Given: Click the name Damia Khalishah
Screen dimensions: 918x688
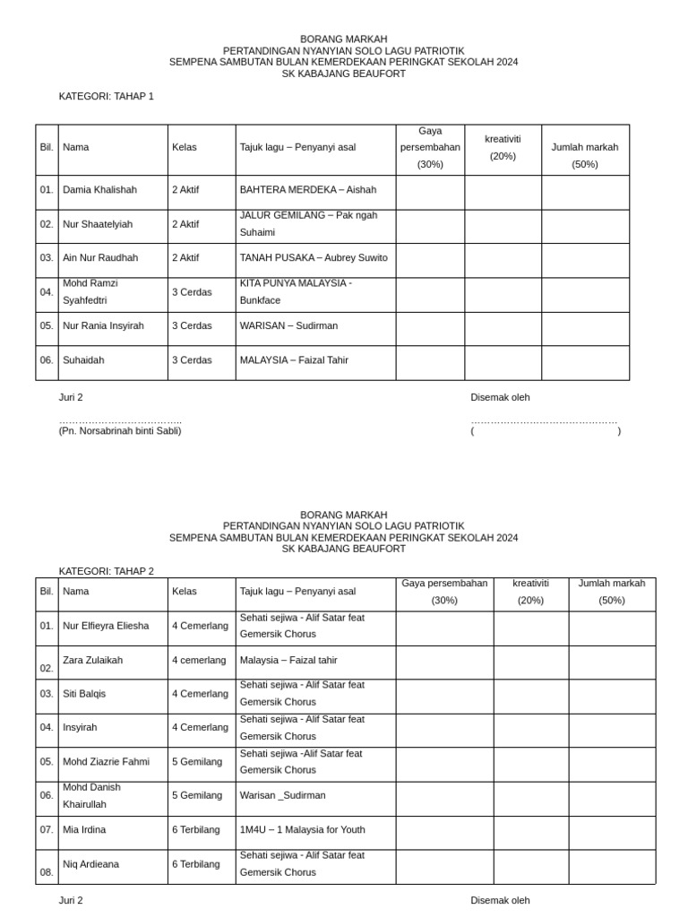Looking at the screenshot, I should click(x=99, y=190).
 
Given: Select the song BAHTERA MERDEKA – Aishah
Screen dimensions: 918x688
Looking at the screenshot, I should click(x=308, y=190).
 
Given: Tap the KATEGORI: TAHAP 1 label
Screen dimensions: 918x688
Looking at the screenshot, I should click(x=107, y=96).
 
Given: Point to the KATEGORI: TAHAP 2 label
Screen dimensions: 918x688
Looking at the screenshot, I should click(x=107, y=571).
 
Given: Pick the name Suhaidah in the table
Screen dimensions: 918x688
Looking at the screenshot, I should click(x=83, y=360).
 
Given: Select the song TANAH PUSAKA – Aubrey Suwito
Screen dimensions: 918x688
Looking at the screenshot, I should click(x=314, y=257).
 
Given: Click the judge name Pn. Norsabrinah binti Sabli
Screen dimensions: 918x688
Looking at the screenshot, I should click(x=120, y=431).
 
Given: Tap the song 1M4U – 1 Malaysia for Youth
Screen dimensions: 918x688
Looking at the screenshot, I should click(x=303, y=830).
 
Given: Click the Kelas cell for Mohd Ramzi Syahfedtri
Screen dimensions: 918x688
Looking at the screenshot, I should click(x=192, y=292).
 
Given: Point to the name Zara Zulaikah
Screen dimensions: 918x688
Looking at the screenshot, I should click(x=93, y=661).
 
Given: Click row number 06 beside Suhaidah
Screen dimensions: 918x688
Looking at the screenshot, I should click(x=47, y=360).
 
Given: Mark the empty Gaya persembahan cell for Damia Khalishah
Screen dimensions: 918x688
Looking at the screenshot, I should click(x=430, y=192).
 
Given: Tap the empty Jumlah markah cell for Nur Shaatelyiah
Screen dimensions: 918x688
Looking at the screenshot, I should click(x=585, y=226).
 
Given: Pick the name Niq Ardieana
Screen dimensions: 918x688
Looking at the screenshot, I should click(x=91, y=865).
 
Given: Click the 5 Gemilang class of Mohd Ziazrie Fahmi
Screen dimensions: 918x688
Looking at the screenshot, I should click(x=197, y=762).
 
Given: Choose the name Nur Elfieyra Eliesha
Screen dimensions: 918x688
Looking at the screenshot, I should click(x=106, y=626).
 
